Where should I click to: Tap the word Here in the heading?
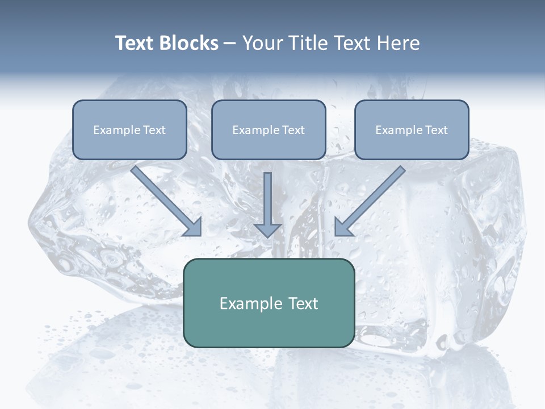[x=399, y=43]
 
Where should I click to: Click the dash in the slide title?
[x=230, y=44]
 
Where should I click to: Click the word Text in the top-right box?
[x=436, y=130]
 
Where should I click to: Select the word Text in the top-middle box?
[x=293, y=130]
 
